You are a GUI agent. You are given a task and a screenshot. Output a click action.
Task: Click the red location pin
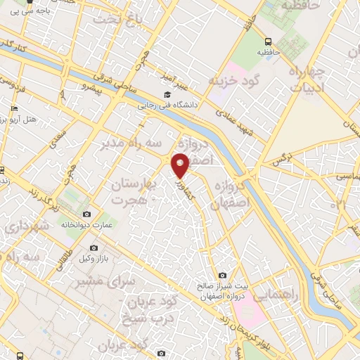(181, 165)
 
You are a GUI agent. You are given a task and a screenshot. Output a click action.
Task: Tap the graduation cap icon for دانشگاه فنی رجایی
(167, 95)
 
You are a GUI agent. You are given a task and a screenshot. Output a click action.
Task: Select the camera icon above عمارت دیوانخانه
(86, 214)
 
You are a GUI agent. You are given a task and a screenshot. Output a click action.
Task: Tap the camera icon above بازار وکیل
(94, 248)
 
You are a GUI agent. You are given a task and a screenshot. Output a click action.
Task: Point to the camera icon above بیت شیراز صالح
(222, 275)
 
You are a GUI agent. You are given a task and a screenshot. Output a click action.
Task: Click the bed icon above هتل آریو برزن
(13, 109)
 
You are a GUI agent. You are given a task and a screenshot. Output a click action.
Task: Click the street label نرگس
(281, 160)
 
